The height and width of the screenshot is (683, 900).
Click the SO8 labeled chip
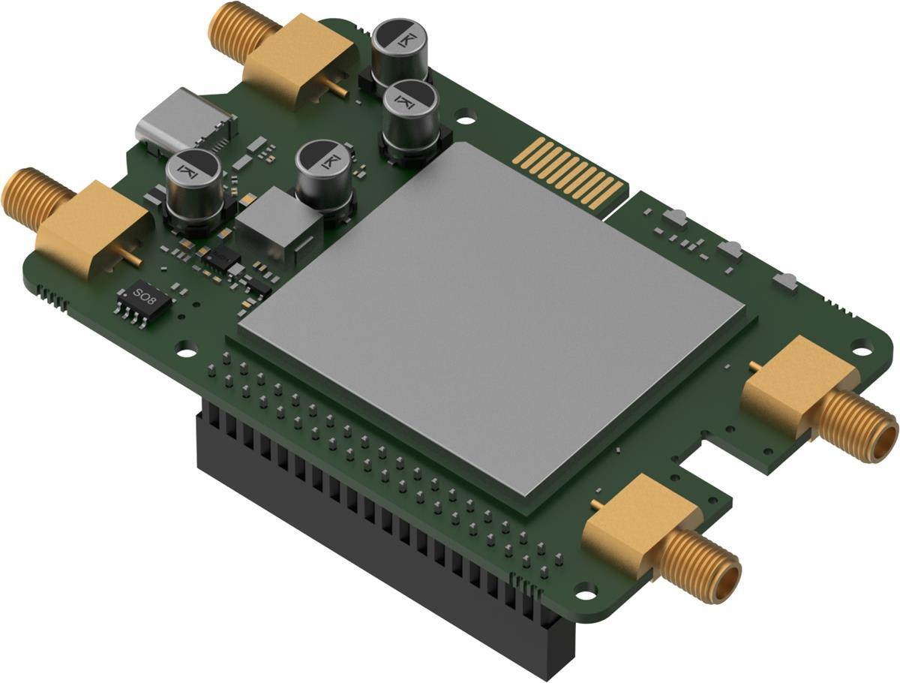click(x=142, y=299)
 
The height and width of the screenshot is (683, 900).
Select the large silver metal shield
click(x=491, y=315)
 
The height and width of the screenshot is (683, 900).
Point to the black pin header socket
click(x=375, y=525)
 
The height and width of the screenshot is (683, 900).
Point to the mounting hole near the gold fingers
click(x=466, y=116)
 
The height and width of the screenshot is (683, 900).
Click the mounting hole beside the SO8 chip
click(x=185, y=348)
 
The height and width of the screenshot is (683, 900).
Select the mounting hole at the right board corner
click(x=862, y=350)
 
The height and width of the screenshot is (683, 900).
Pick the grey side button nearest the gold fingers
click(x=675, y=218)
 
